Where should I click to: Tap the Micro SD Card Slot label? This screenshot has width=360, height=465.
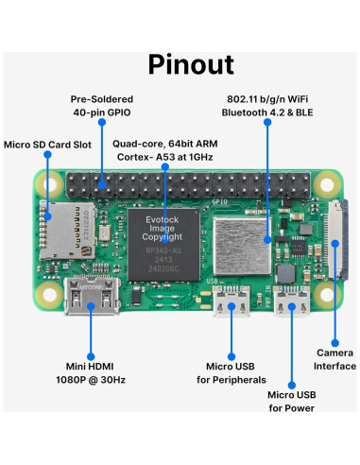coord(47,145)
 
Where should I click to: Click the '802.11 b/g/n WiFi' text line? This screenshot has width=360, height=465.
coord(267,98)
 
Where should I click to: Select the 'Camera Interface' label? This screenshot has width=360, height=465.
coord(334,359)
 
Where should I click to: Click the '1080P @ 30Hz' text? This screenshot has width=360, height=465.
coord(91,379)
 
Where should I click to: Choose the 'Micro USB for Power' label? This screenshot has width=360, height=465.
coord(291,401)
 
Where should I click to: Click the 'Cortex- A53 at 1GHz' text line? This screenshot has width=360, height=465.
coord(166,159)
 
